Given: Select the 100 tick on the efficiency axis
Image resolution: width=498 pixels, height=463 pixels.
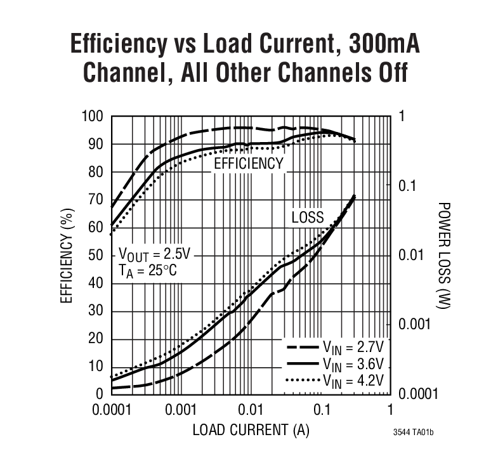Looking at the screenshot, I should pyautogui.click(x=93, y=117).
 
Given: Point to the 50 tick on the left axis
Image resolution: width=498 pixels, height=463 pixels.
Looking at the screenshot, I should pyautogui.click(x=96, y=256).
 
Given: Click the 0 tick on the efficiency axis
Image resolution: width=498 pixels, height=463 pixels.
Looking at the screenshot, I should pyautogui.click(x=100, y=395).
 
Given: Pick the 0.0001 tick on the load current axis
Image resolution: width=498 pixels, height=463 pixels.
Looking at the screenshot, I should pyautogui.click(x=112, y=410).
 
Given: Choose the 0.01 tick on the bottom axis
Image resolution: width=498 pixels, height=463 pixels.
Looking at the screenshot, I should pyautogui.click(x=251, y=410).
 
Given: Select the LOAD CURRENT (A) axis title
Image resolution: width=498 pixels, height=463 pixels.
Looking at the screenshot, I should pyautogui.click(x=251, y=431).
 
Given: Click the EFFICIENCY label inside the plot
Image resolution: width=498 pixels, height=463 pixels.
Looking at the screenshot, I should pyautogui.click(x=249, y=164).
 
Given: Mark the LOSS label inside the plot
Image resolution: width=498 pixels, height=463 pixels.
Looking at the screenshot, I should pyautogui.click(x=308, y=218).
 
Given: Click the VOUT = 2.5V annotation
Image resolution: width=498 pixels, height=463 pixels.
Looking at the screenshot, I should pyautogui.click(x=154, y=254).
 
